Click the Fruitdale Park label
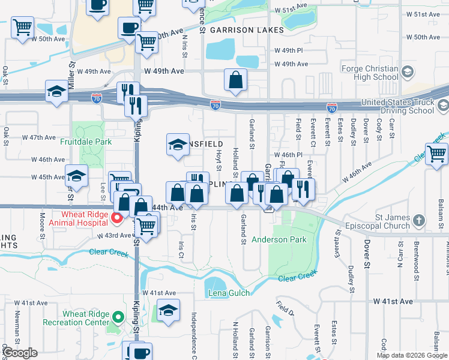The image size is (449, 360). point(86,142)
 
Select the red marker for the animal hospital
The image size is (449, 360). point(119,218)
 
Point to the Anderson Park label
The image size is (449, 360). point(279,239)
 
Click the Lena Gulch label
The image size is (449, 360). point(228,293)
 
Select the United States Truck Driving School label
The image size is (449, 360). point(397,106)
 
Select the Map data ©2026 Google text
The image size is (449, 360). point(412,355)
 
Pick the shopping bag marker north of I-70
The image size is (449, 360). point(236,79)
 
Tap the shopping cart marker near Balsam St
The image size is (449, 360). point(436,154)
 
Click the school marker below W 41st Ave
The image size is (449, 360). point(168,311)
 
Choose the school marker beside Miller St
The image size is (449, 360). point(56,92)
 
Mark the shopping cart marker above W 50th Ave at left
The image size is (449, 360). point(22,27)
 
